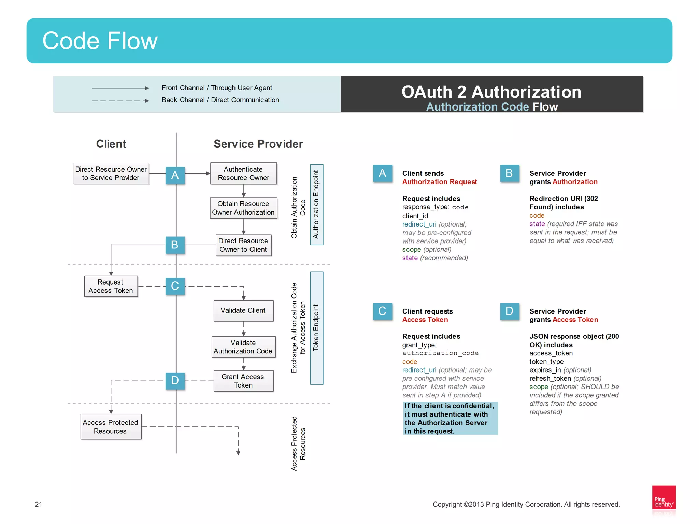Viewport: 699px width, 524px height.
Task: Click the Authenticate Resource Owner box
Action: click(243, 173)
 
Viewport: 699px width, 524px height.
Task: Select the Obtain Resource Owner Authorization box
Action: click(243, 208)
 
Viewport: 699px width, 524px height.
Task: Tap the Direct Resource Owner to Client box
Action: click(243, 245)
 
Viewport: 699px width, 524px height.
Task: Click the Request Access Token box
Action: click(111, 286)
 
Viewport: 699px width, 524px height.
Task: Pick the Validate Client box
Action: click(243, 310)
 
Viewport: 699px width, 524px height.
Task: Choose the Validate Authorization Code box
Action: click(243, 347)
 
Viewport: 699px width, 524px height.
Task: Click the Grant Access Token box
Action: click(243, 381)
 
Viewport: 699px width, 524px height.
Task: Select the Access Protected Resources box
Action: click(111, 426)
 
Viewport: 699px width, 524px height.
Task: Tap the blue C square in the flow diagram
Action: click(175, 286)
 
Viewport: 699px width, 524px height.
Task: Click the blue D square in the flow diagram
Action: click(175, 380)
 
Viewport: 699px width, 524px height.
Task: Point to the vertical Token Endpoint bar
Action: click(316, 328)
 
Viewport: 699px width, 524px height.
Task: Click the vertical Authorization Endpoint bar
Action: click(316, 204)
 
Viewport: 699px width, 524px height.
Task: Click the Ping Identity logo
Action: click(664, 500)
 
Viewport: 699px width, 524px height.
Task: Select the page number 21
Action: click(39, 504)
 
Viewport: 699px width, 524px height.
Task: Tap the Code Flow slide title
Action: click(100, 41)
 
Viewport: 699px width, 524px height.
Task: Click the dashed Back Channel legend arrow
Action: click(120, 101)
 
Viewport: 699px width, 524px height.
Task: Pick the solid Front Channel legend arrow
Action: click(120, 88)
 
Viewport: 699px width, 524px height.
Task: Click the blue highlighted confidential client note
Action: click(450, 418)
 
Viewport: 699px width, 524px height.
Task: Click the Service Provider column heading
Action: click(258, 144)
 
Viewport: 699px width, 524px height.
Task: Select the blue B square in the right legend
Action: click(509, 173)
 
